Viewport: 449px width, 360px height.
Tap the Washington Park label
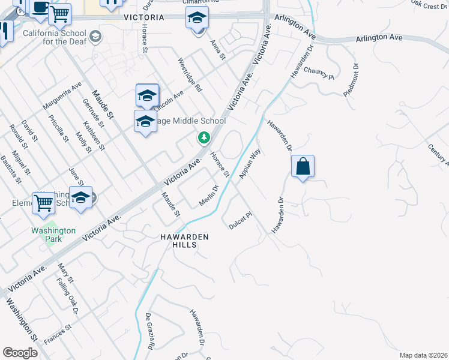(x=54, y=235)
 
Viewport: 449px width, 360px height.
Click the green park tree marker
(x=204, y=139)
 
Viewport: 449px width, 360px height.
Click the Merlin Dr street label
(x=207, y=196)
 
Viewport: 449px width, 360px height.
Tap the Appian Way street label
(x=250, y=164)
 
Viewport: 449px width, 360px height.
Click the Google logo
(x=20, y=353)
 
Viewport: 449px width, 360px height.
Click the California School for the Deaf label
(x=58, y=38)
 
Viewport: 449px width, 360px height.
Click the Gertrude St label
(x=93, y=113)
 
